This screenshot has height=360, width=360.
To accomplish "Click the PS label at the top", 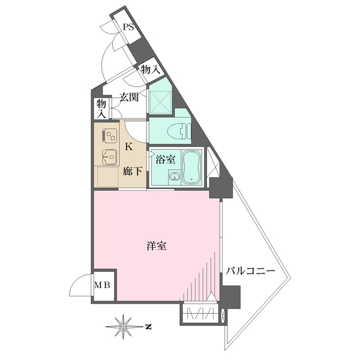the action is click(128, 28).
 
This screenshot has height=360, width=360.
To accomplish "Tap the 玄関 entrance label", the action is click(129, 97).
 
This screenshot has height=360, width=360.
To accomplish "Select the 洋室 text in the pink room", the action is click(157, 246).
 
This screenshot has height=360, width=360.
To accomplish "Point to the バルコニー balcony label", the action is click(250, 271).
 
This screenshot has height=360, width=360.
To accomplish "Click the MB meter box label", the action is click(103, 285).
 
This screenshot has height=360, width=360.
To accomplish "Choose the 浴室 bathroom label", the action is click(166, 160).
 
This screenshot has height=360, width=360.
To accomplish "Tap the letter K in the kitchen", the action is click(129, 146).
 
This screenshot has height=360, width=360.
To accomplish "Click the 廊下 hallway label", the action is click(133, 171).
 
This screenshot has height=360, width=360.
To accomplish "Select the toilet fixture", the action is click(179, 132).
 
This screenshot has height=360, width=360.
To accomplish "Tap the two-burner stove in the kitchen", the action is click(110, 135).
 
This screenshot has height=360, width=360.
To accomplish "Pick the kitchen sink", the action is click(110, 157).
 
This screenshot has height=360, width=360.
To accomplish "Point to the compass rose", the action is click(123, 326).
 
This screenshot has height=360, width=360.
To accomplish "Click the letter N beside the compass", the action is click(149, 326).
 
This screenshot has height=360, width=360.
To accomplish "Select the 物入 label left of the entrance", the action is click(101, 109).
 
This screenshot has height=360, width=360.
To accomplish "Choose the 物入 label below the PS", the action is click(151, 69).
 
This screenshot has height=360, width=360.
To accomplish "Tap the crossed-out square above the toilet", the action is click(160, 102).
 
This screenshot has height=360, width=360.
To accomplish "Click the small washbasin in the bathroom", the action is click(174, 176).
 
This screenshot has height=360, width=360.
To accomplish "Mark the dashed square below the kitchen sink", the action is click(107, 177).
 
